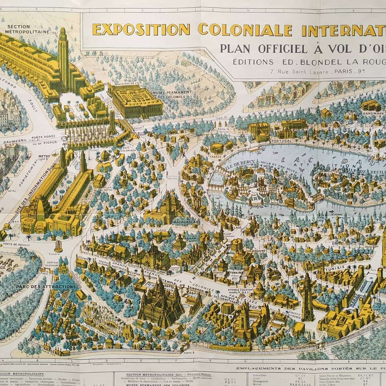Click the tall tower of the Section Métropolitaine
(63, 57)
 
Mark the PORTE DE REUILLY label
(12, 244)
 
